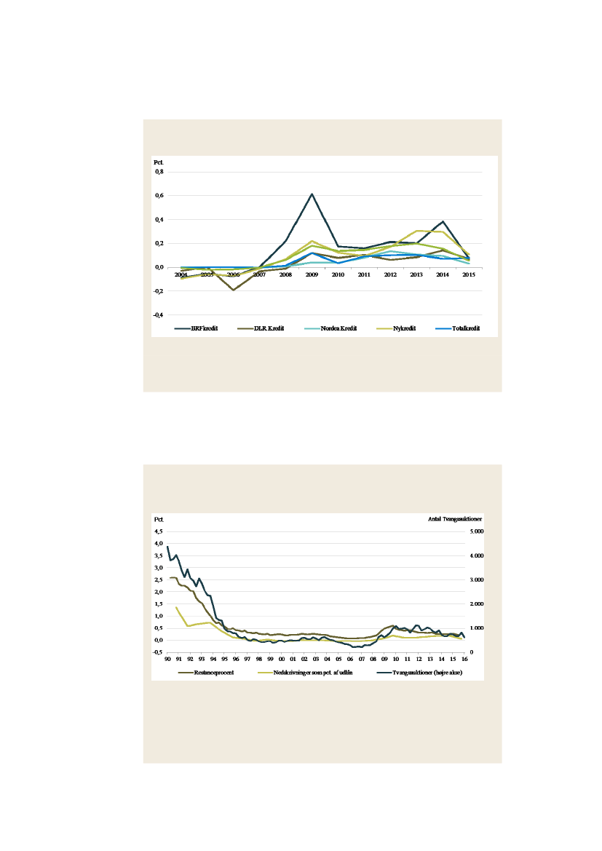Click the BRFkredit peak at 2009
point(312,194)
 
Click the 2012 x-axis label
point(390,274)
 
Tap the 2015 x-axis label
point(469,274)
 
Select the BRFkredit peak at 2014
point(443,221)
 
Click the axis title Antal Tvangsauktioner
point(455,519)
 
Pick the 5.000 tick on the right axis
point(474,531)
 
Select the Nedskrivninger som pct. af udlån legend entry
point(309,672)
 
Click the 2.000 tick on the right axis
point(474,604)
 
